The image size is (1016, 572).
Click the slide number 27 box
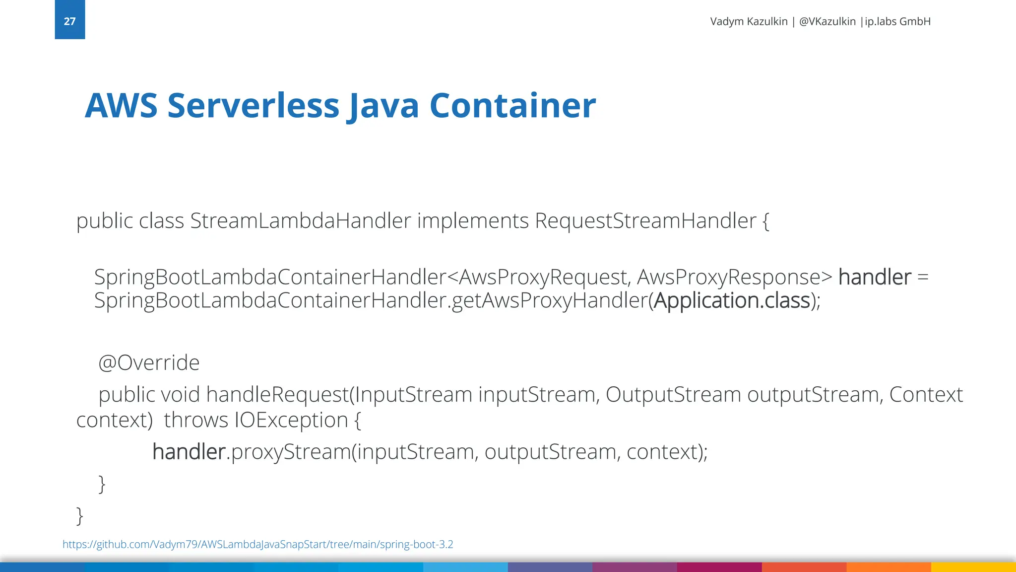point(69,20)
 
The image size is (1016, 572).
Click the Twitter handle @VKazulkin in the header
point(827,21)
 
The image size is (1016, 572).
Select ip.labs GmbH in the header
point(897,21)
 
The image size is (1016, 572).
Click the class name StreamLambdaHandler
point(301,221)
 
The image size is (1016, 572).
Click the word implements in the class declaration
point(473,221)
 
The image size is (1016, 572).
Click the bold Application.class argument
point(732,300)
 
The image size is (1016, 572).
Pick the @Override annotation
point(149,363)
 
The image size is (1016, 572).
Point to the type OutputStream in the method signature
point(673,395)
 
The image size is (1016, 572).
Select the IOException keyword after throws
point(291,420)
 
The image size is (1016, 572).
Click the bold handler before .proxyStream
point(189,452)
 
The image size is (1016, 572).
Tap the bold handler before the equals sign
point(875,277)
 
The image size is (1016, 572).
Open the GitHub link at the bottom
point(257,544)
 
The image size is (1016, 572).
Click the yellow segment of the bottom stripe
point(973,567)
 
